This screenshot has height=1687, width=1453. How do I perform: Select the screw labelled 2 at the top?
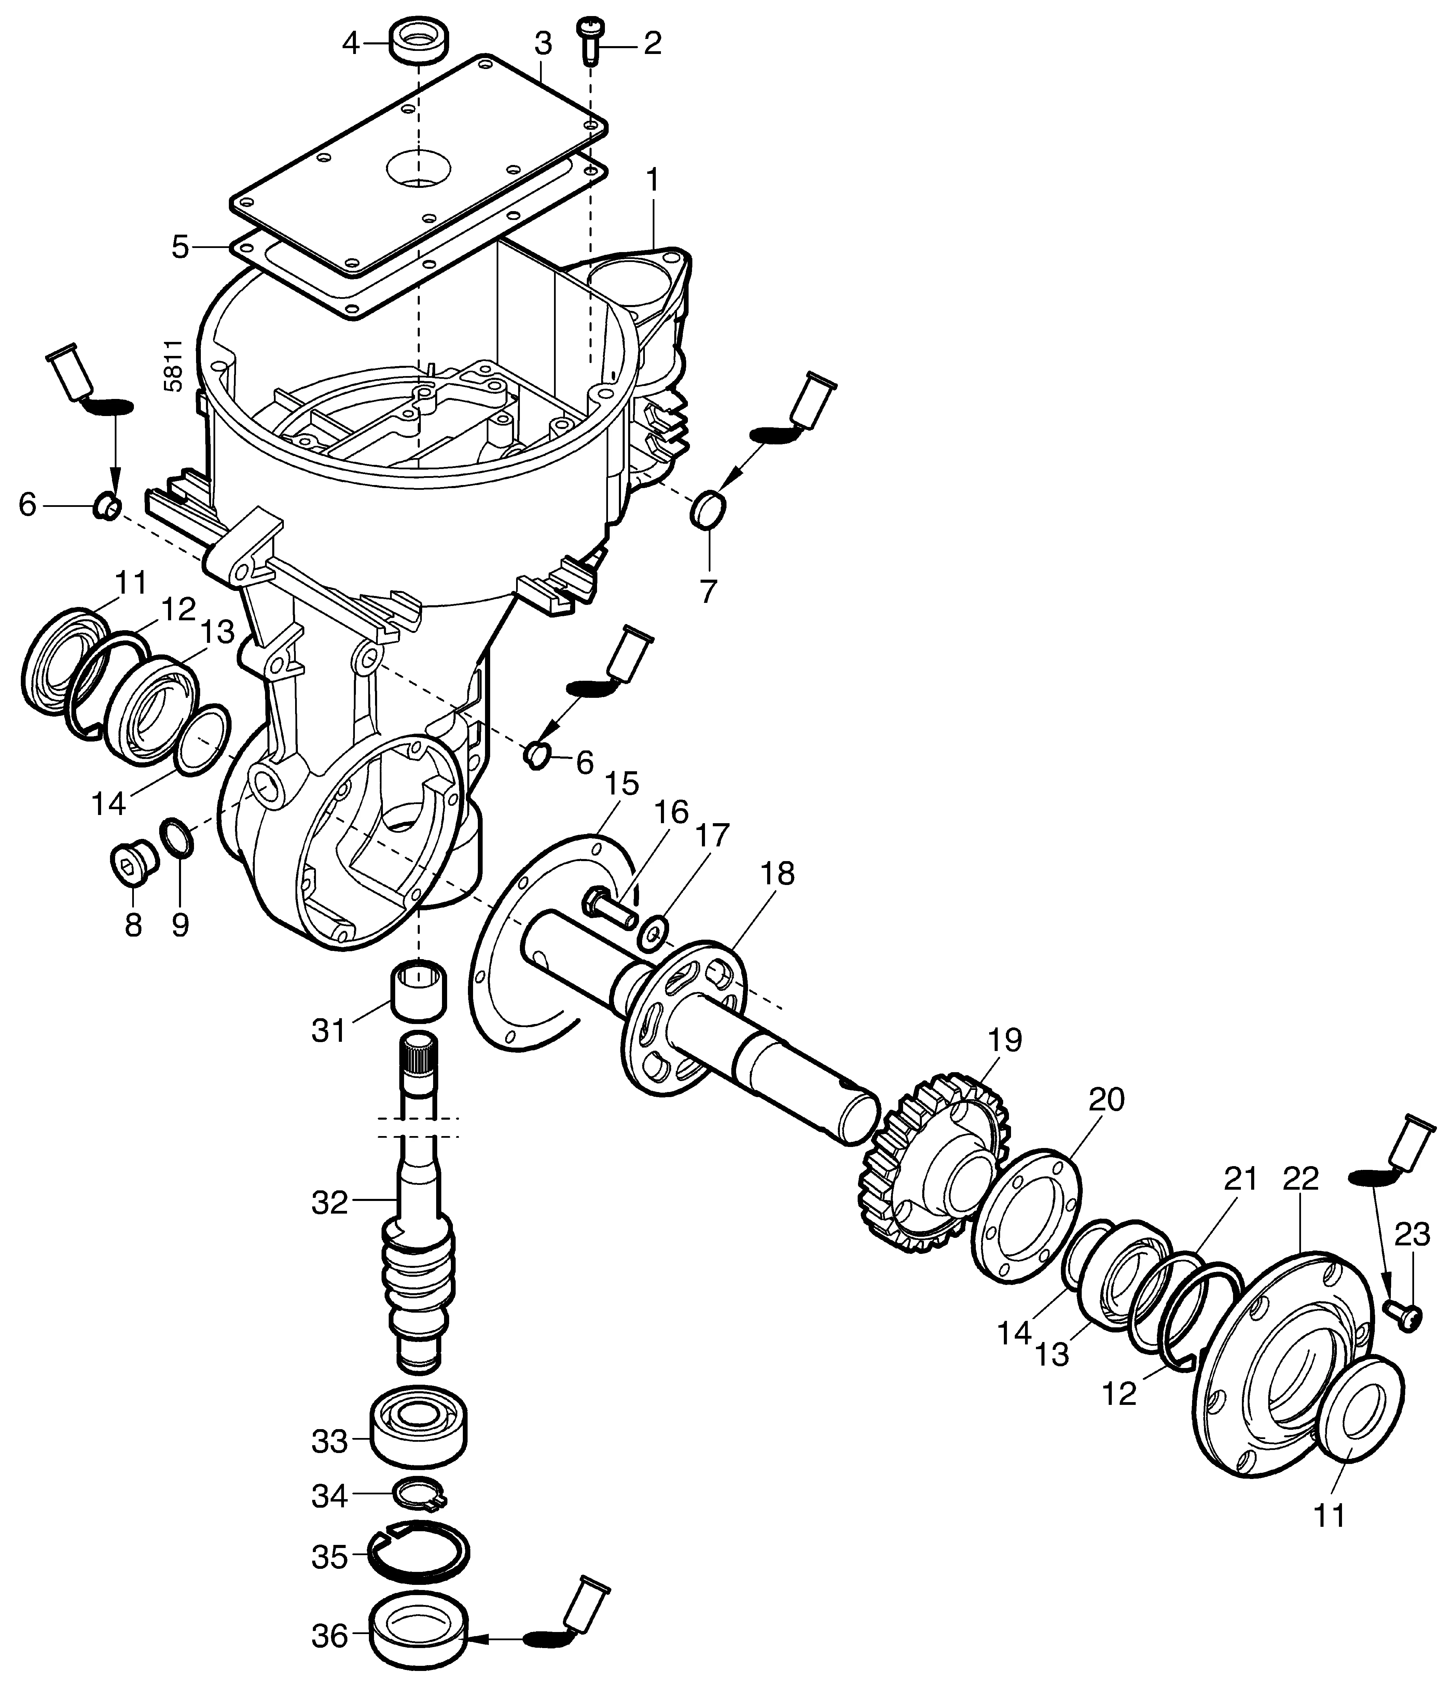point(589,41)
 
